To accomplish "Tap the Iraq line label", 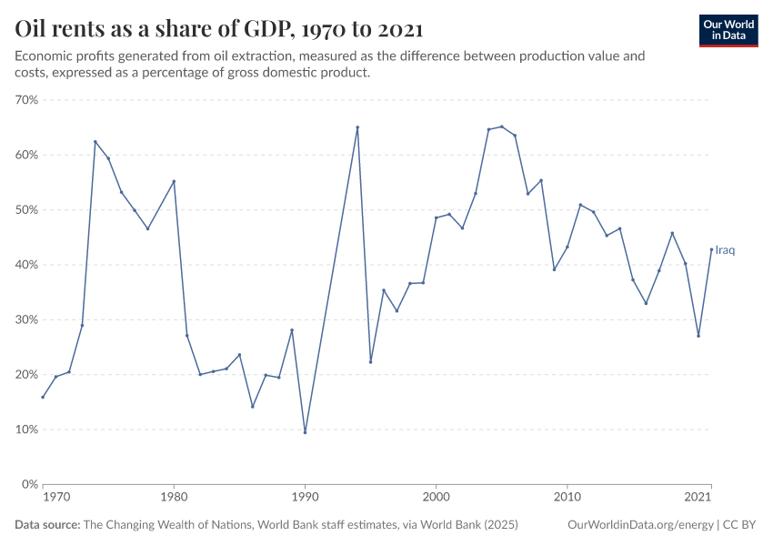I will [725, 250].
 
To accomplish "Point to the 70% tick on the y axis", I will [25, 100].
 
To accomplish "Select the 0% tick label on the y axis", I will [29, 484].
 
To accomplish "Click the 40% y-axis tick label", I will [25, 265].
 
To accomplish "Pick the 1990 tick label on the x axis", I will [305, 499].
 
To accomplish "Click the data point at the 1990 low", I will [305, 432].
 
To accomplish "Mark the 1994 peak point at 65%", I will [357, 127].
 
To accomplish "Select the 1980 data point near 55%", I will [174, 181].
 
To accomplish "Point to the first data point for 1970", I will [43, 397].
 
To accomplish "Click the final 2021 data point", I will [711, 249].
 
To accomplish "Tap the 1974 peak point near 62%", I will [95, 141].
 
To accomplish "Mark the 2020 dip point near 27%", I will [698, 336].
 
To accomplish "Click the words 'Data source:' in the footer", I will [47, 525].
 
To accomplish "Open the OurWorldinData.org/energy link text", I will [639, 525].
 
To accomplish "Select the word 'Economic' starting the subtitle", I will [44, 56].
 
